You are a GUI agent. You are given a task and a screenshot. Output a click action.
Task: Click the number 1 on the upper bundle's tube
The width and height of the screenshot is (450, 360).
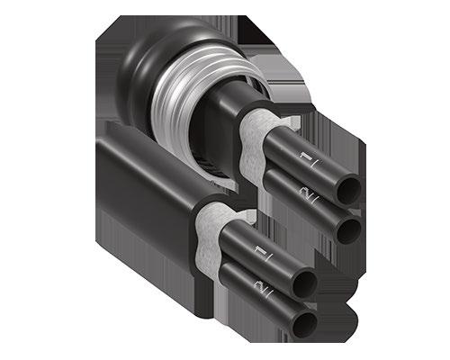pyautogui.click(x=305, y=157)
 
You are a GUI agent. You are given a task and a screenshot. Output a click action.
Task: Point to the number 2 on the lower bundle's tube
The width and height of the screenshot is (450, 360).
pyautogui.click(x=259, y=285)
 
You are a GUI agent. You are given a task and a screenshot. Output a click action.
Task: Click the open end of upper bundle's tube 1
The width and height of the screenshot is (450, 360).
pyautogui.click(x=349, y=189)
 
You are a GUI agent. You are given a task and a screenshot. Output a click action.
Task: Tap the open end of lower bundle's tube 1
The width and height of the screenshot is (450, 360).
pyautogui.click(x=304, y=283)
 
